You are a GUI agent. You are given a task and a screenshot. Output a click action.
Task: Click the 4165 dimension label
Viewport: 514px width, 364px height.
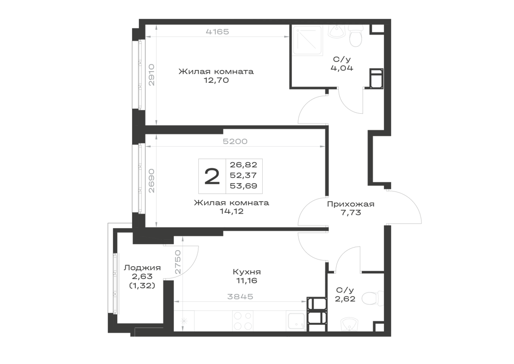coord(217,32)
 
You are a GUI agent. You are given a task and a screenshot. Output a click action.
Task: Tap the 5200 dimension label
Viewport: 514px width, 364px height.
coord(235,142)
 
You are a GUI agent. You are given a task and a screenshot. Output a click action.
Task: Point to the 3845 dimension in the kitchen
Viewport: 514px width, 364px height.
coord(240,297)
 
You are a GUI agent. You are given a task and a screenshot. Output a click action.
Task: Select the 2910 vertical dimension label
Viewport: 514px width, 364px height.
coord(151,75)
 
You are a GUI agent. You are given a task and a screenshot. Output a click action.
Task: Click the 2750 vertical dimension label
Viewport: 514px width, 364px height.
coord(177,262)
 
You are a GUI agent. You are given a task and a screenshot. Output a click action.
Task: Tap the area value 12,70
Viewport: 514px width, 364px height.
coord(216,80)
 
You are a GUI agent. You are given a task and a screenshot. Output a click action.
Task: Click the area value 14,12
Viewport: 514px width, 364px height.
coord(231,212)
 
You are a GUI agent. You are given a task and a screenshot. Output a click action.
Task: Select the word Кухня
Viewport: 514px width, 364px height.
coord(247,272)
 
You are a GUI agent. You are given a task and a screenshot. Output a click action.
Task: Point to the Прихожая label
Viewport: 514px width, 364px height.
coord(351,204)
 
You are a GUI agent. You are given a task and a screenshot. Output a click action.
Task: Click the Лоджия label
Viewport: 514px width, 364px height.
coord(142,268)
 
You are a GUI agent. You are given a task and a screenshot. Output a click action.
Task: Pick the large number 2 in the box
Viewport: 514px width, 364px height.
coord(212,176)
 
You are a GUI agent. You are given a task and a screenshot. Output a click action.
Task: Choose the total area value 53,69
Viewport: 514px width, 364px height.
coord(243,186)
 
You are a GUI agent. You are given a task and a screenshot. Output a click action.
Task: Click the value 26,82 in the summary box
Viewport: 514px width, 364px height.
coord(243,165)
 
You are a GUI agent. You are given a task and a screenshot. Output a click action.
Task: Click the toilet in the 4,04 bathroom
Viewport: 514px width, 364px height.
coord(355,37)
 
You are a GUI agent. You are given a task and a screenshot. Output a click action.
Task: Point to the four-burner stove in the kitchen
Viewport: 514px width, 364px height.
coord(243,321)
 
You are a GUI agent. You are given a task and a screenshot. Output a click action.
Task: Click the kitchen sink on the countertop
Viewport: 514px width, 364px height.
coord(296,321)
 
